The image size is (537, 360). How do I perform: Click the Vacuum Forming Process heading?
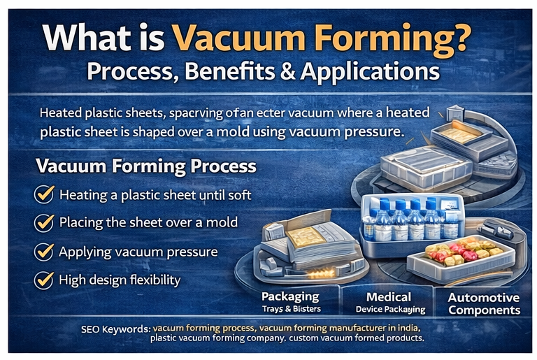click(x=145, y=168)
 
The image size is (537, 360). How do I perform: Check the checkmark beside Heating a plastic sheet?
click(x=45, y=195)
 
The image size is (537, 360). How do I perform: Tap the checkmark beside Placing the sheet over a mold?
click(x=45, y=223)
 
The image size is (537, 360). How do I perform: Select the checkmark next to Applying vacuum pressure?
click(x=45, y=252)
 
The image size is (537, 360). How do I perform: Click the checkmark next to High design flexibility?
click(x=45, y=280)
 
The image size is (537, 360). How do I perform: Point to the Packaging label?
click(x=290, y=296)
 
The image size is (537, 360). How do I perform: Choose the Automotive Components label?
click(x=484, y=303)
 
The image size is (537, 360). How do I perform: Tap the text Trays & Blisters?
click(x=290, y=308)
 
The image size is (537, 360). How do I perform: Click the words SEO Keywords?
click(x=116, y=327)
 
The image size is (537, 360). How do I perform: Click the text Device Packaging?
click(x=391, y=309)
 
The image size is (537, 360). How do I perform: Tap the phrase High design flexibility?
click(x=120, y=280)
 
